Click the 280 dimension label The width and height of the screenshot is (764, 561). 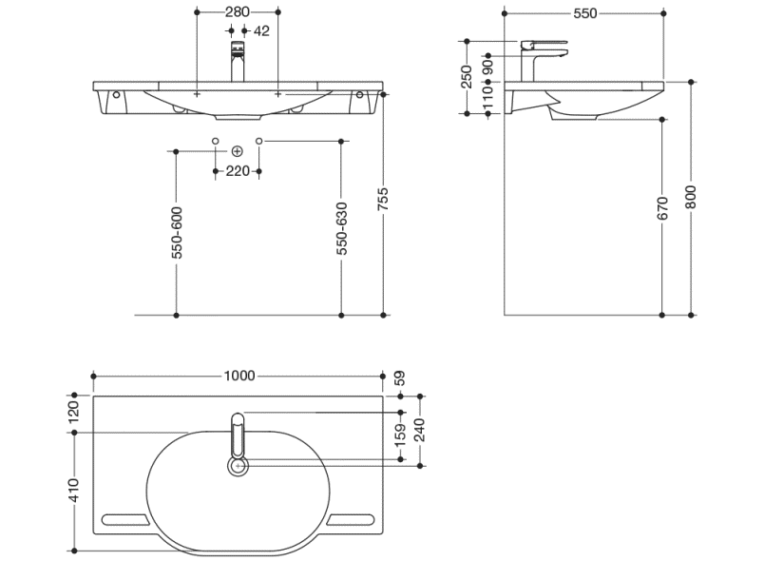click(x=237, y=12)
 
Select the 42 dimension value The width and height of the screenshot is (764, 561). click(x=262, y=31)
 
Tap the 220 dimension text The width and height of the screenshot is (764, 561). click(x=238, y=171)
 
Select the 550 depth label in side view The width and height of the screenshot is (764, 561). click(x=584, y=13)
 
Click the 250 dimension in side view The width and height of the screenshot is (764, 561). click(x=467, y=77)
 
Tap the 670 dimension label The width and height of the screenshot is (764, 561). click(x=663, y=209)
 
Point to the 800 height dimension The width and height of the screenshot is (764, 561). click(x=691, y=197)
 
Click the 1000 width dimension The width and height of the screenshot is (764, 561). click(x=239, y=376)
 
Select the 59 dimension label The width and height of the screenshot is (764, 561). click(x=400, y=377)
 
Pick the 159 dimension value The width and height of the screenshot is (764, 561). click(x=400, y=435)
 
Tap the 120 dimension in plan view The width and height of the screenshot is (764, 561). click(x=74, y=413)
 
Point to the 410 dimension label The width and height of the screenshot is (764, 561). click(x=74, y=490)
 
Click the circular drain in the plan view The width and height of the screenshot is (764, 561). click(x=239, y=466)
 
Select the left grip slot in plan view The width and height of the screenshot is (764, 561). click(x=123, y=520)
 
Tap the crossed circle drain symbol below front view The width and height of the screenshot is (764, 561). click(x=238, y=152)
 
